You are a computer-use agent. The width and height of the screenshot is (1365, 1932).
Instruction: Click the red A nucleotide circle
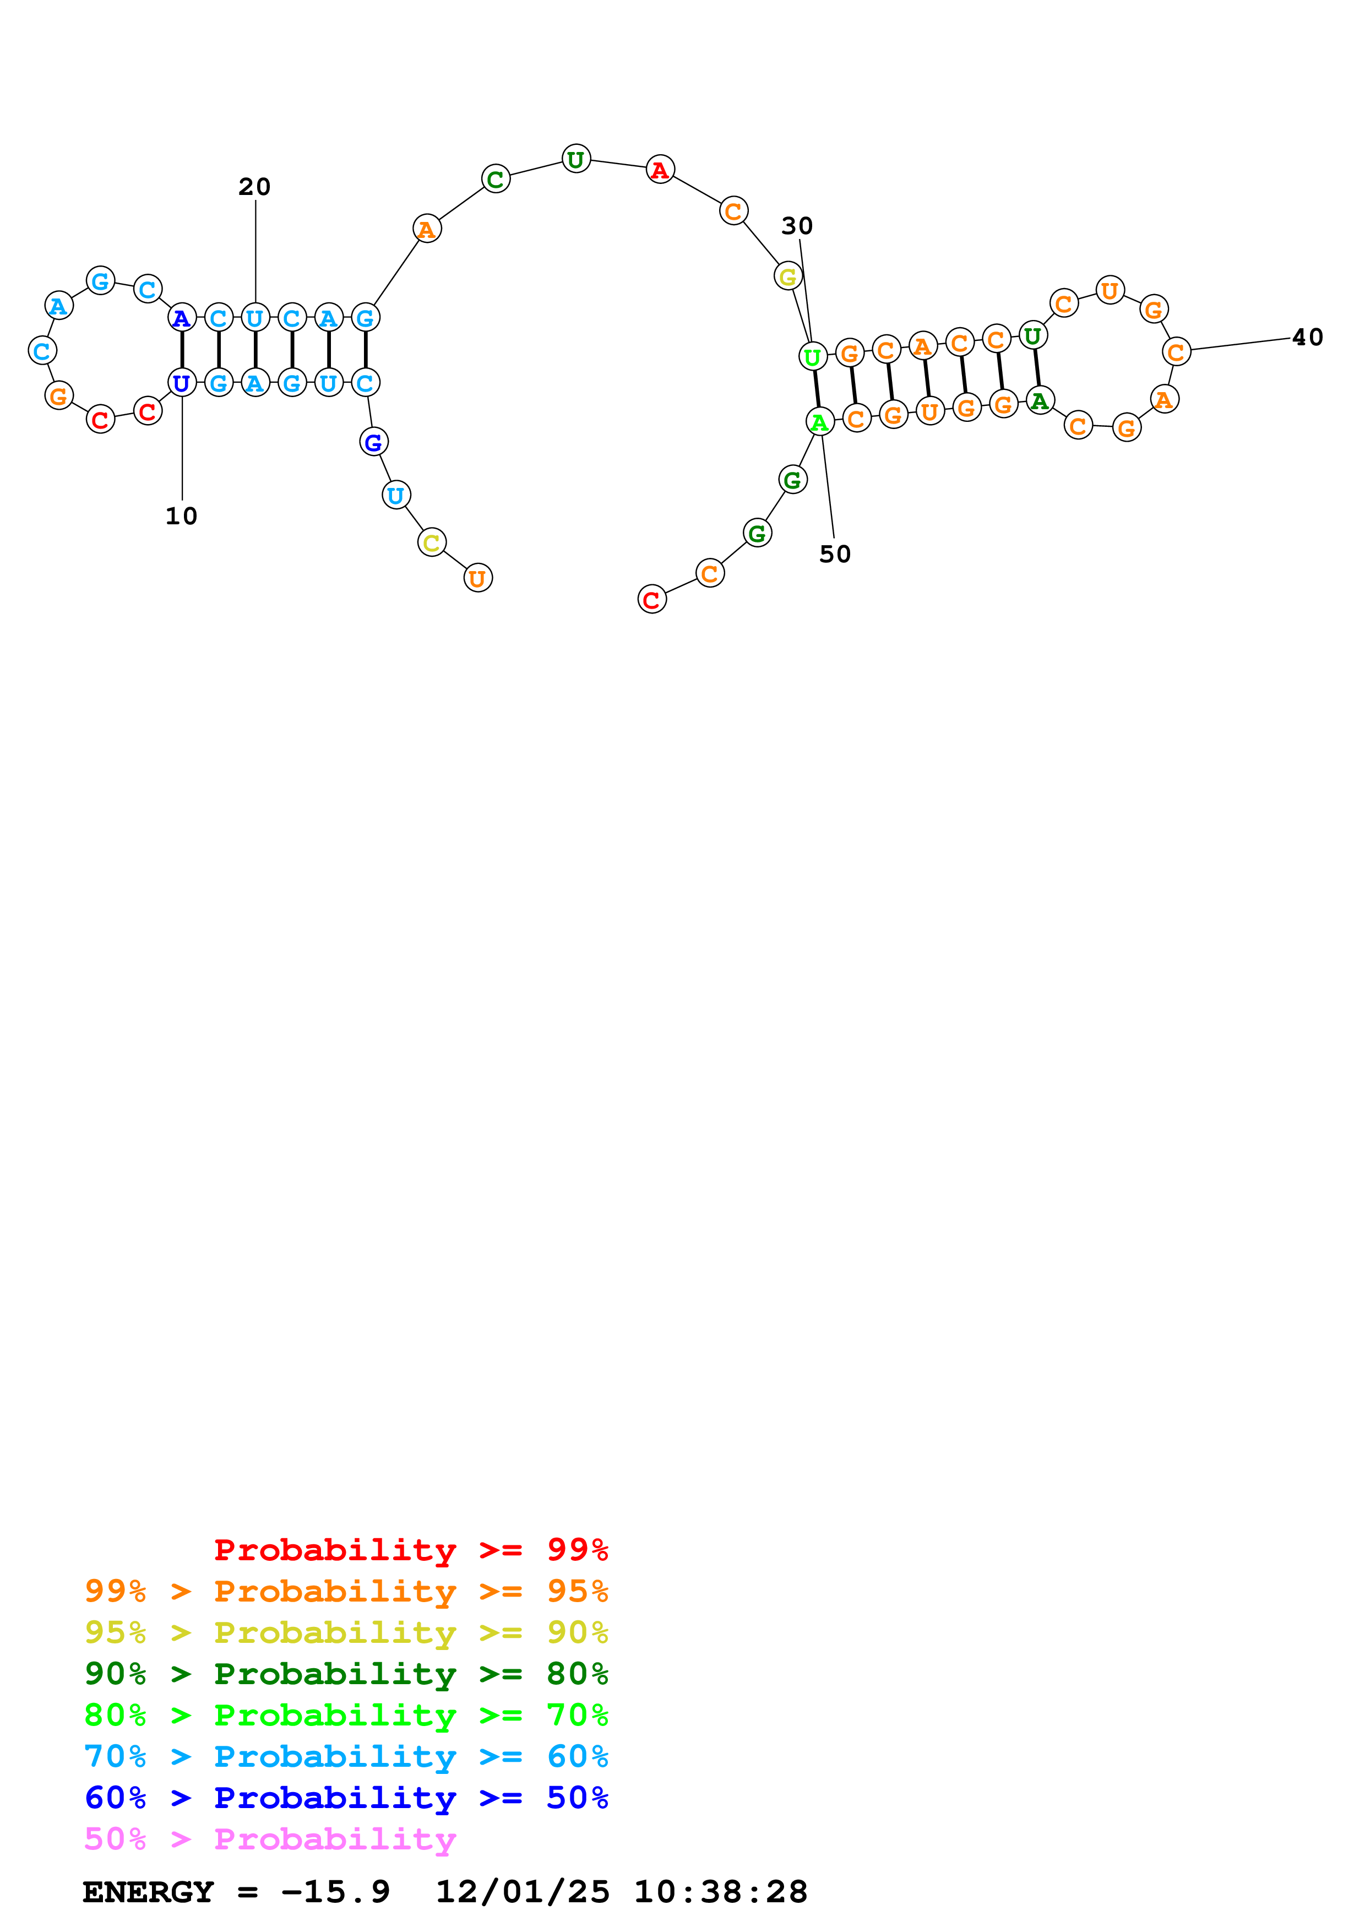click(x=660, y=169)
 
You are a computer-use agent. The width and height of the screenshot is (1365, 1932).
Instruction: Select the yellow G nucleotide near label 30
click(x=788, y=275)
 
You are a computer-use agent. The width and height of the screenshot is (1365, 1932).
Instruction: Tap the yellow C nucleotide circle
click(x=432, y=542)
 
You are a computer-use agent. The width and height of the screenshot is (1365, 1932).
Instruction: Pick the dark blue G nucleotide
click(x=373, y=441)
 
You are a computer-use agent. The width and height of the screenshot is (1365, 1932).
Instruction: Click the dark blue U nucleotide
click(x=182, y=383)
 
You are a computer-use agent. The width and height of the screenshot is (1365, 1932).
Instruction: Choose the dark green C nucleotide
click(x=496, y=178)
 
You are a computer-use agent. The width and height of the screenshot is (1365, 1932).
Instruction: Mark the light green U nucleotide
click(x=812, y=357)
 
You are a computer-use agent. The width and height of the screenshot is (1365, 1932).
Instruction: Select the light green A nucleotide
click(x=819, y=421)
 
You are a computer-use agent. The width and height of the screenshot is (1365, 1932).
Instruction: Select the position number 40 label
click(x=1307, y=338)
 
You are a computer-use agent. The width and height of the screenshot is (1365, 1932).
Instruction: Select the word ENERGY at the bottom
click(x=148, y=1892)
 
